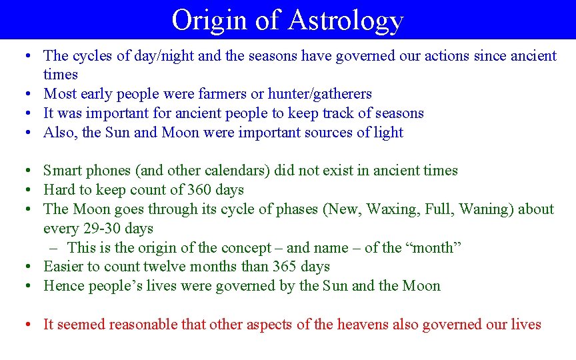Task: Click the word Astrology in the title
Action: coord(345,20)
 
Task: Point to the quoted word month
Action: coord(434,248)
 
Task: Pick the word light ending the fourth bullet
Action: coord(389,133)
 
